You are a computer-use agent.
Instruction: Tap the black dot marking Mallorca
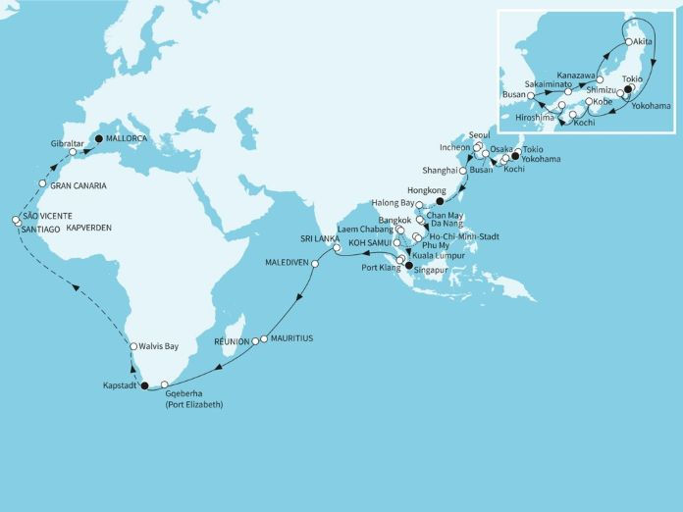pos(97,138)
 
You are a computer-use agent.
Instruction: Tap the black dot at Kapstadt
pos(144,385)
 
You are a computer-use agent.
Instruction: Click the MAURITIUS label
pos(292,338)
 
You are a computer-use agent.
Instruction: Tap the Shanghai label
pos(436,170)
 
